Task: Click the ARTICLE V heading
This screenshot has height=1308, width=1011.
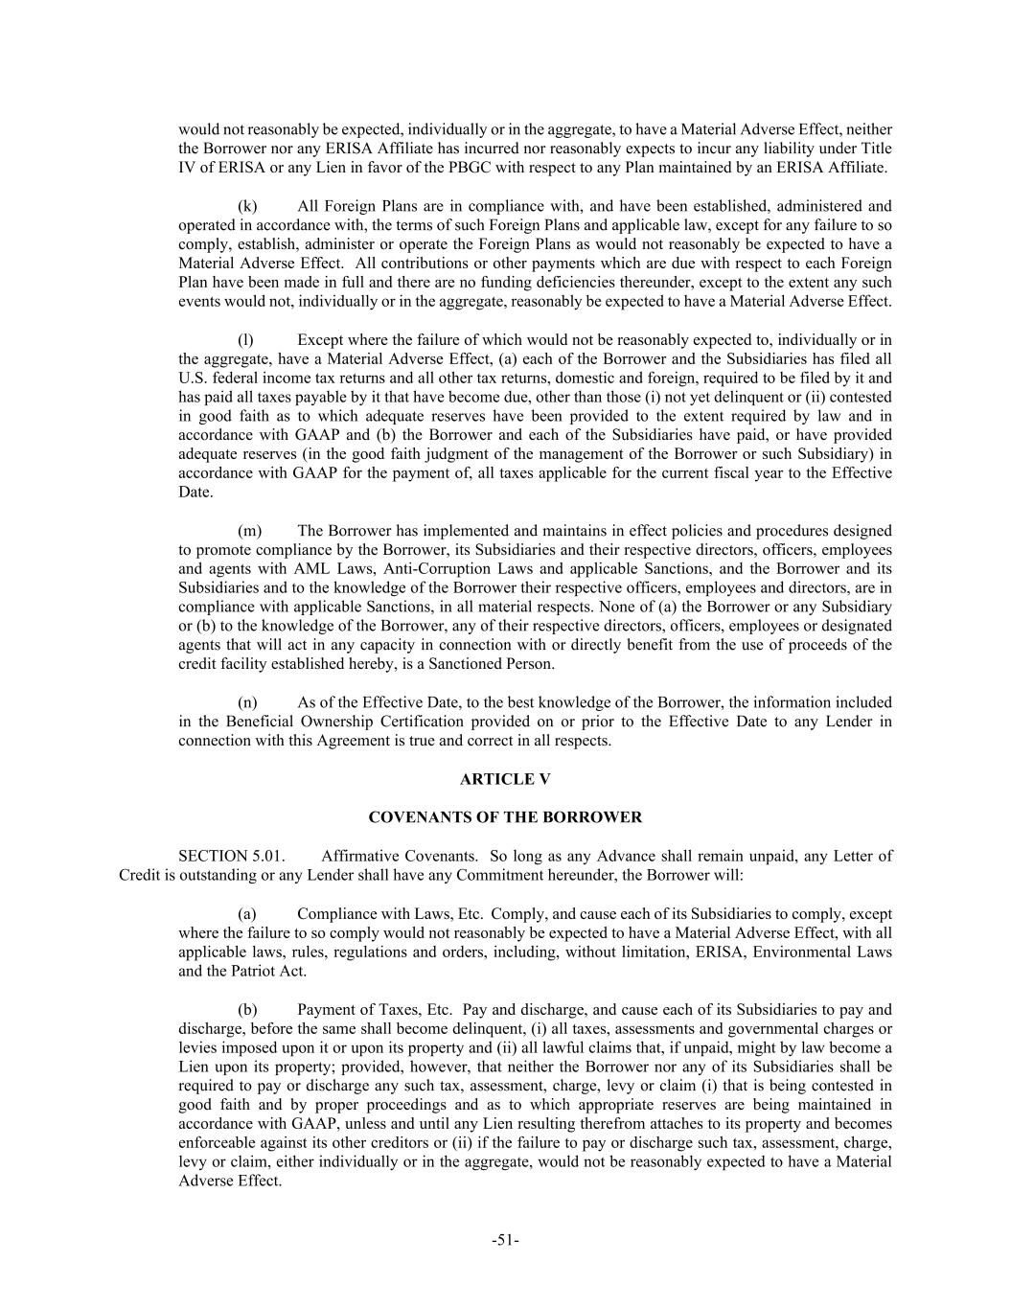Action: pos(505,779)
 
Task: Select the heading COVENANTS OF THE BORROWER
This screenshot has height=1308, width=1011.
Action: pos(505,817)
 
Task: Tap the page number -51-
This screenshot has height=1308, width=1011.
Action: pos(505,1240)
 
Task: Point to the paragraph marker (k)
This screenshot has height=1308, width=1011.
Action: pos(247,206)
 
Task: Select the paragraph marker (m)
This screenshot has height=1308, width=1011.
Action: pos(249,531)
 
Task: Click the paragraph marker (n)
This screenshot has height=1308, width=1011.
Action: pos(247,702)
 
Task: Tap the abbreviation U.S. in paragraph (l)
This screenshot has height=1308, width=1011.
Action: pos(192,379)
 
